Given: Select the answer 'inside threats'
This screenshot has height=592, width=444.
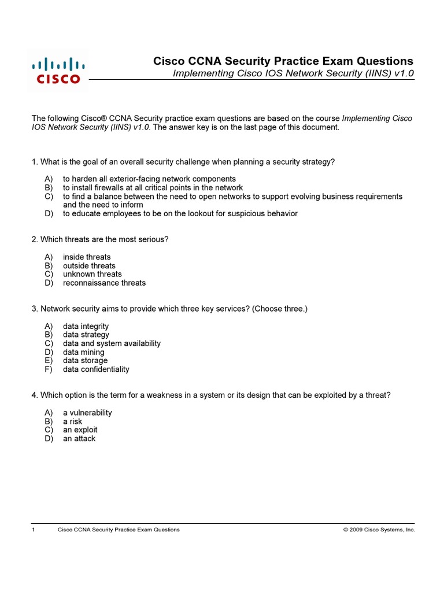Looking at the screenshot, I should (x=87, y=257).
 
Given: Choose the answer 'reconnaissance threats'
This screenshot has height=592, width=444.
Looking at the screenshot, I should (x=104, y=283).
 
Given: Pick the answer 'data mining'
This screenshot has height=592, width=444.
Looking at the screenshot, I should (x=84, y=352).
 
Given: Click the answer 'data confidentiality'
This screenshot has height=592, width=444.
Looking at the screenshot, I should (x=96, y=369).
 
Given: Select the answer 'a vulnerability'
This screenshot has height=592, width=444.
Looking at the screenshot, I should (x=87, y=413).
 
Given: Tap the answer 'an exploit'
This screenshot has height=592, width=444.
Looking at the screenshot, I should (x=80, y=430).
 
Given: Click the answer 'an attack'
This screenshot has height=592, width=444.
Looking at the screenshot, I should (x=79, y=438).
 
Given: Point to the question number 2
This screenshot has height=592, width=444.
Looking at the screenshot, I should (x=34, y=239).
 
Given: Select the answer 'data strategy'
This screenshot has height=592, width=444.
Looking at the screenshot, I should (x=86, y=335).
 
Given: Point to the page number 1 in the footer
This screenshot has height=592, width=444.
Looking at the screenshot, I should (x=34, y=530).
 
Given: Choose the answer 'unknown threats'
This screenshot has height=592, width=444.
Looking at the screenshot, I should (x=92, y=274).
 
